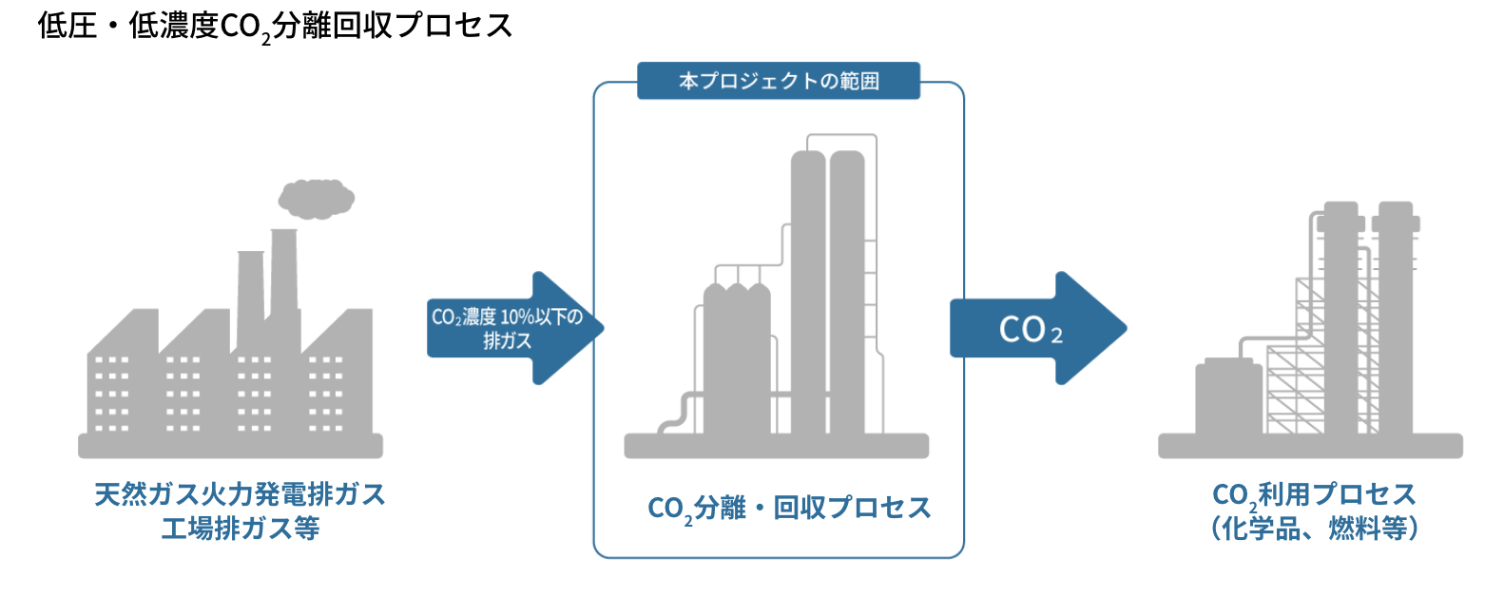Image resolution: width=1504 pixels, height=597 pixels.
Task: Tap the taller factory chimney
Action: tap(283, 276)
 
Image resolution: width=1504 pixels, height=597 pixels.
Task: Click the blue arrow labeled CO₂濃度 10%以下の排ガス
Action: tap(513, 328)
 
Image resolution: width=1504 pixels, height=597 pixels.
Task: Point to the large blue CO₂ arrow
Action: tap(1036, 329)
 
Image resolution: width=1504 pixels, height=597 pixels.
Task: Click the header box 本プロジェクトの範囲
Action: tap(779, 81)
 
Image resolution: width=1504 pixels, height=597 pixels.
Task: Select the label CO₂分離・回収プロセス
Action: tap(789, 509)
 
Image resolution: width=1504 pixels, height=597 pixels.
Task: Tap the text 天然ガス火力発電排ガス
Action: tap(240, 494)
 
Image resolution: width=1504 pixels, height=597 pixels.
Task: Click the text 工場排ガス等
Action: tap(240, 529)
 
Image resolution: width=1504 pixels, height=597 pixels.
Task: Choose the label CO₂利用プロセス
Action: tap(1314, 494)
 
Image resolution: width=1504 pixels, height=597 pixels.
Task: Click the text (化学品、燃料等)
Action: tap(1314, 529)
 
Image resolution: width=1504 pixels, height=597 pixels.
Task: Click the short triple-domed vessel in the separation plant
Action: tap(737, 361)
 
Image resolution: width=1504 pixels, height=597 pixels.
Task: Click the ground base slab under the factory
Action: tap(230, 446)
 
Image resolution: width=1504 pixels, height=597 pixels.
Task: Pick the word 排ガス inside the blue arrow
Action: tap(507, 340)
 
